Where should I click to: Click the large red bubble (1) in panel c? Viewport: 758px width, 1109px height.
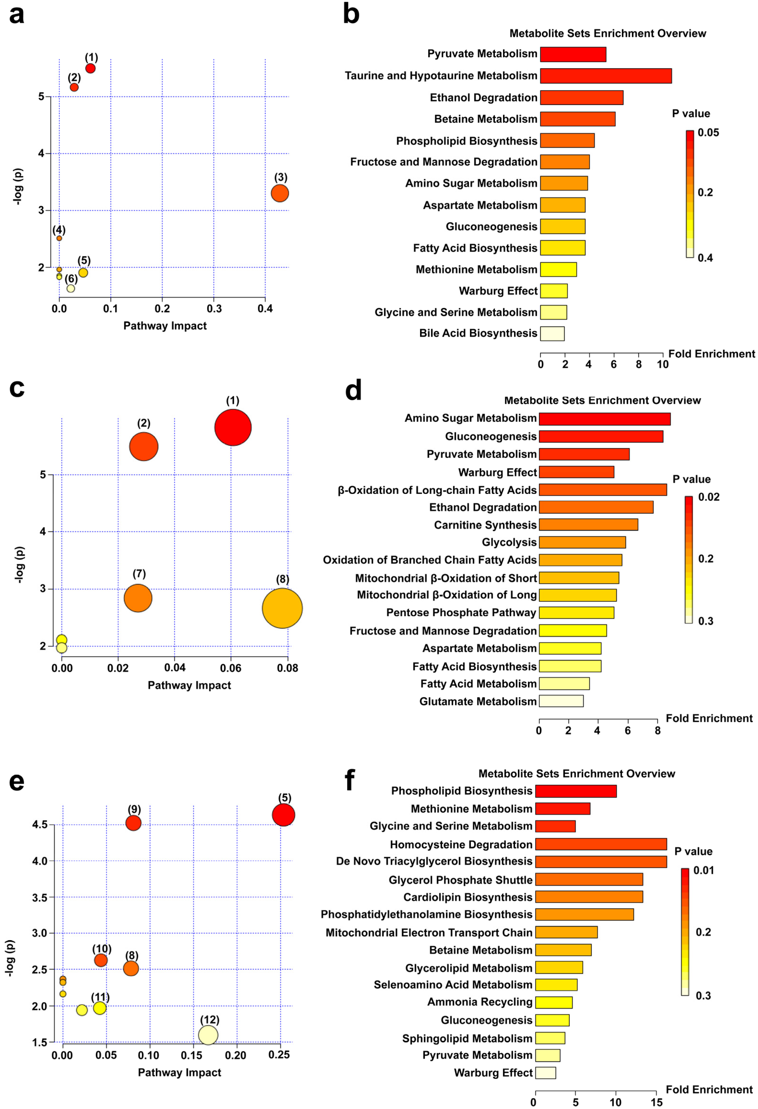(233, 427)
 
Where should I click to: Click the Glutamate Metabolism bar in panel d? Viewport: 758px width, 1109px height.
(561, 701)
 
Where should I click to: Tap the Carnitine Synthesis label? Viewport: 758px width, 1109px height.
(485, 525)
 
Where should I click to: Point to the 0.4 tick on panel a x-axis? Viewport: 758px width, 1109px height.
(265, 309)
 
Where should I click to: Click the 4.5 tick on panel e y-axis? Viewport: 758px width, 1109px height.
(40, 824)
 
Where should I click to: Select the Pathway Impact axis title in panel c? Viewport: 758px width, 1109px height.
(189, 685)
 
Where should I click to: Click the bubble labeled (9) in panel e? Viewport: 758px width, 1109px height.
(133, 823)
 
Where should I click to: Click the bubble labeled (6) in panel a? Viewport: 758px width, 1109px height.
(71, 288)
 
